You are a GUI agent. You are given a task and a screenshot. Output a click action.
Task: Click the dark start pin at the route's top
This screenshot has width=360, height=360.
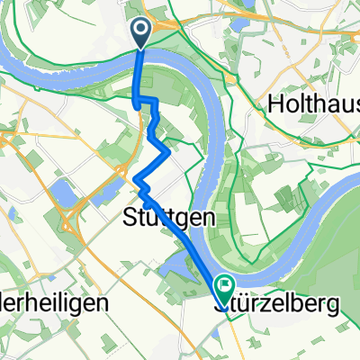pyautogui.click(x=142, y=33)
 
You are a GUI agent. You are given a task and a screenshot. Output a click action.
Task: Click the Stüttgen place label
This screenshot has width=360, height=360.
pyautogui.click(x=155, y=216)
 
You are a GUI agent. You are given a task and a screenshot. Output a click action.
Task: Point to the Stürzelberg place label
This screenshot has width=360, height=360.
pyautogui.click(x=278, y=305)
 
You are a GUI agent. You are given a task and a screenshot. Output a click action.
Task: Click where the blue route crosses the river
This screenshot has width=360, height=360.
pyautogui.click(x=139, y=67)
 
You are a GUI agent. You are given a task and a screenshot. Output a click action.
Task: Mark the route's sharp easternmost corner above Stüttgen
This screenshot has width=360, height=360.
pyautogui.click(x=170, y=154)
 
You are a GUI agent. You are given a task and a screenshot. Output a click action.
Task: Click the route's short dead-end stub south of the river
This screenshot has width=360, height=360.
pyautogui.click(x=137, y=104)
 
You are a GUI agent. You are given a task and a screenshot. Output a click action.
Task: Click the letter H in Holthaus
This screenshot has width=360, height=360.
pyautogui.click(x=275, y=104)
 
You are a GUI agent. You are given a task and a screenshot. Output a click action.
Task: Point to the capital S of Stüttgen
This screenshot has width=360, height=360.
pyautogui.click(x=127, y=216)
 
